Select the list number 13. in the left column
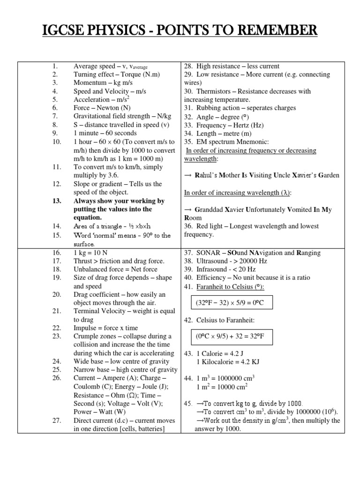[x=56, y=201]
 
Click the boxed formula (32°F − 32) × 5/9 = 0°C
[x=230, y=303]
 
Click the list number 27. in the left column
[x=56, y=420]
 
